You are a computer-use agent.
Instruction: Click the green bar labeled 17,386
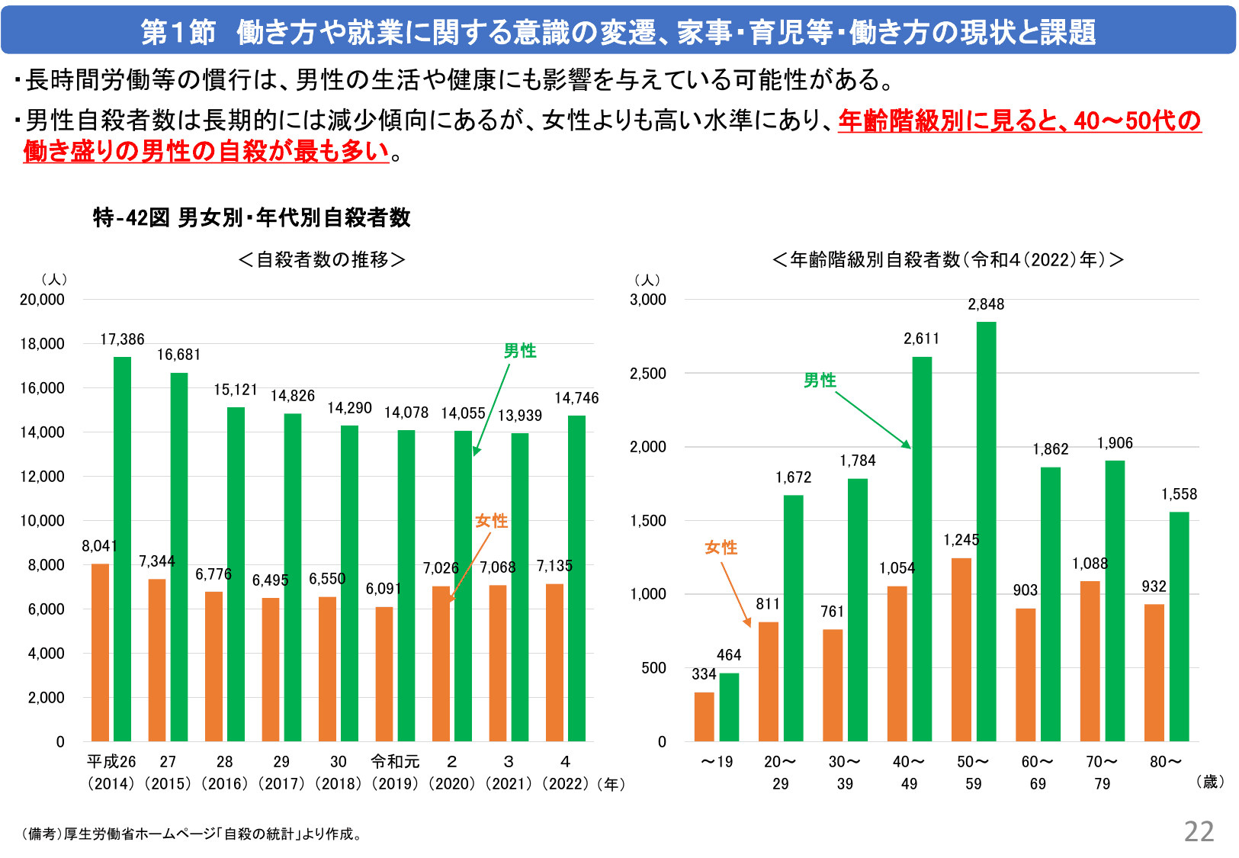point(122,549)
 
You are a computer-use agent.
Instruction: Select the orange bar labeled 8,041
point(100,653)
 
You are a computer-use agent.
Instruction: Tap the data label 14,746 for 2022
point(576,398)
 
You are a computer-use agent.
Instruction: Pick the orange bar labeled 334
point(704,717)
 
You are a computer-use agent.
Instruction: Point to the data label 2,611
point(921,339)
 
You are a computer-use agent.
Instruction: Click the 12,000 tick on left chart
point(42,477)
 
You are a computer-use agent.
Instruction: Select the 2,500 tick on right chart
point(647,374)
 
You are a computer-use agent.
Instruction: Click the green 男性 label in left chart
point(520,351)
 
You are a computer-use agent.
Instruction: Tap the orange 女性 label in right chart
point(721,548)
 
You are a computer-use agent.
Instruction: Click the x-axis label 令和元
point(395,761)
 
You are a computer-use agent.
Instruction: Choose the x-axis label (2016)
point(224,783)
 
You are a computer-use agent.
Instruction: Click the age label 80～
point(1166,761)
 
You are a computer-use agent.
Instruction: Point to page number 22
point(1199,831)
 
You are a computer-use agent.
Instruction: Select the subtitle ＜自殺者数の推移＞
point(322,260)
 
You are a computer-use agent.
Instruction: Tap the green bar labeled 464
point(729,707)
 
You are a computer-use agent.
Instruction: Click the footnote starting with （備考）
point(194,834)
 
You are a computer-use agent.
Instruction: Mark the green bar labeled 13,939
point(519,587)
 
